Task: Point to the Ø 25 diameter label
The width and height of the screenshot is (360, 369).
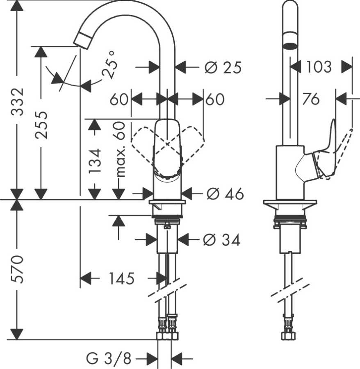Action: tap(223, 68)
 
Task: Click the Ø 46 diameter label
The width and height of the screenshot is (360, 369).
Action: tap(225, 193)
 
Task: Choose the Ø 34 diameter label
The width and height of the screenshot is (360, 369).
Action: tap(222, 240)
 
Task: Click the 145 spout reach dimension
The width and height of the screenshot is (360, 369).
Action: tap(121, 279)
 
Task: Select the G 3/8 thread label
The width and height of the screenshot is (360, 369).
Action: tap(109, 359)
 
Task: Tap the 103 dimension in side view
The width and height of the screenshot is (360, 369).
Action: tap(319, 66)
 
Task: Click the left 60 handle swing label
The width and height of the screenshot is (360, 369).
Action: tap(119, 99)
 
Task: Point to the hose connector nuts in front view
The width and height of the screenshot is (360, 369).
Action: tap(168, 328)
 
